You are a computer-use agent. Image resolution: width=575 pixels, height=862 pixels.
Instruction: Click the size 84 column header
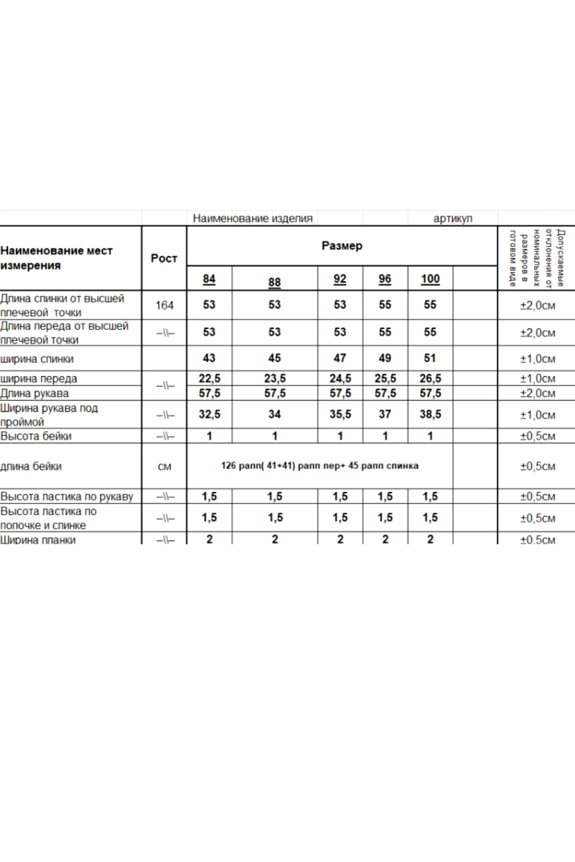(209, 279)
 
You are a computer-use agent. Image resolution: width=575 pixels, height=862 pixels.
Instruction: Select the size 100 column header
(430, 279)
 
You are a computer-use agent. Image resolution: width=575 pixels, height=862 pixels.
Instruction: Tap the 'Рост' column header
(164, 258)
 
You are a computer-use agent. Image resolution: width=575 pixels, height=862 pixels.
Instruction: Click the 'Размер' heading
(342, 246)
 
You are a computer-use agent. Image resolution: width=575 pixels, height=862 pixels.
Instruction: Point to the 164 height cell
(164, 305)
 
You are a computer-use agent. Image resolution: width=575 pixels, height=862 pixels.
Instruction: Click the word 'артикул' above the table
(453, 219)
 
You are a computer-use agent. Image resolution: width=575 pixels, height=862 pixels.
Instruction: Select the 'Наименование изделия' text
(252, 219)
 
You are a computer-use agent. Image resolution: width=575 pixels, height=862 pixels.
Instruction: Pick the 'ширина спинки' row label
(37, 359)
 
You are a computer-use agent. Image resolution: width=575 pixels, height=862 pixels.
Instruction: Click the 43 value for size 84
(209, 358)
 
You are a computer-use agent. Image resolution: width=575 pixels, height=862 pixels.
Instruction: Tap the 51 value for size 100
(430, 358)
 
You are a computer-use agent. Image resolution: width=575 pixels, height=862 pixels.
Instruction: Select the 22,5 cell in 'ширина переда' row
(209, 378)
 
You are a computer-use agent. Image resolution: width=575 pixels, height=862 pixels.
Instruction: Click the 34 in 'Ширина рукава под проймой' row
(275, 414)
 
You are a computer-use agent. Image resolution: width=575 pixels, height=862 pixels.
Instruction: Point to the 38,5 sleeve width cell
(430, 414)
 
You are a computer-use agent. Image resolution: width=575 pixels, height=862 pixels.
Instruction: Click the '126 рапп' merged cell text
(320, 465)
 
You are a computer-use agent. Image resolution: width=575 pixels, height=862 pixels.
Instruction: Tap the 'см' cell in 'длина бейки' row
(164, 466)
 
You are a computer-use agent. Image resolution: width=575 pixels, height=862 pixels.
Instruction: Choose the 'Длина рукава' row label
(35, 393)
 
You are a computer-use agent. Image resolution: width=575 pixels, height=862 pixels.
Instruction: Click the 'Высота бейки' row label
(36, 436)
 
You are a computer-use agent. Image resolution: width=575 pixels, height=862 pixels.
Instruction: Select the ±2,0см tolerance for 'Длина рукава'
(537, 393)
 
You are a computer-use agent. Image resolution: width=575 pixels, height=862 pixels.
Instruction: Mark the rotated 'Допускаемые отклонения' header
(537, 258)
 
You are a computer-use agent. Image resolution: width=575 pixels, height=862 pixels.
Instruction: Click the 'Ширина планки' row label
(38, 540)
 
